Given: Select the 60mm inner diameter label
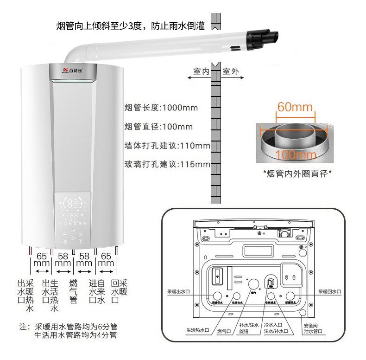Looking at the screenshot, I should (x=295, y=107).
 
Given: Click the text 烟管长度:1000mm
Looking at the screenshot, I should (x=161, y=108).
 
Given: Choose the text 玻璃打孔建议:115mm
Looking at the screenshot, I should (x=167, y=165).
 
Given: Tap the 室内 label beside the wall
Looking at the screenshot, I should (x=202, y=71).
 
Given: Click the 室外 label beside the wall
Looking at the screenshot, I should (x=230, y=71).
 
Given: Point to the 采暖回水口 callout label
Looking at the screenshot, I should (x=329, y=292).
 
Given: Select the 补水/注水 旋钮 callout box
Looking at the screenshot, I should (x=248, y=328).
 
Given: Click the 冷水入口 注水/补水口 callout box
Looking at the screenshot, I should (x=276, y=328).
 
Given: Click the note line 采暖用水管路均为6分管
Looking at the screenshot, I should (x=75, y=326).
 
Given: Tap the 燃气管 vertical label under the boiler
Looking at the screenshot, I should (x=73, y=291).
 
